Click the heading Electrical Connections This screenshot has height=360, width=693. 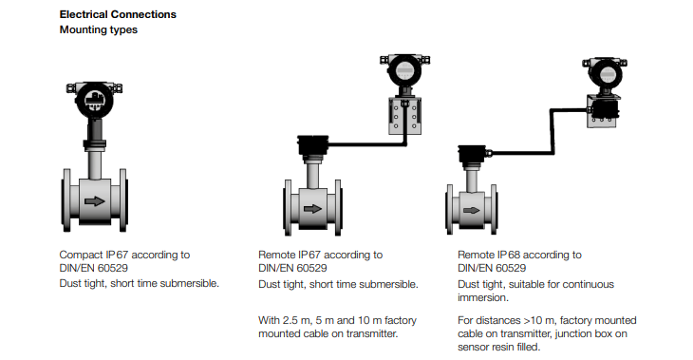click(118, 14)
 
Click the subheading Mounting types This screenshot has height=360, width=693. click(98, 29)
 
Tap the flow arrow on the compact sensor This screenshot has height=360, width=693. click(94, 201)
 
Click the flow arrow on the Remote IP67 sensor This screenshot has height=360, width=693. click(313, 209)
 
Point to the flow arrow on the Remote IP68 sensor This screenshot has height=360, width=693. click(472, 210)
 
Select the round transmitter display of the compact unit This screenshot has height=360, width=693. click(95, 100)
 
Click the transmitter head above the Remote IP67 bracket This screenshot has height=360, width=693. click(404, 70)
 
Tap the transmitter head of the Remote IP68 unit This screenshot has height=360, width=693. click(605, 74)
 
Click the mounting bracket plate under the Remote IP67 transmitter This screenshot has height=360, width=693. click(404, 116)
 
